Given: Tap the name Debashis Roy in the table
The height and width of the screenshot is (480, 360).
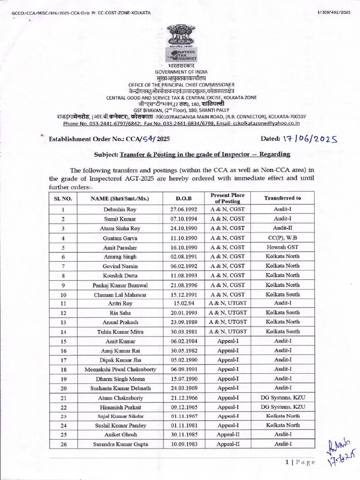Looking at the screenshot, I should point(120,210).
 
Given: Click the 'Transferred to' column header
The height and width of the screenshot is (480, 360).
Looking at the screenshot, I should point(282,198).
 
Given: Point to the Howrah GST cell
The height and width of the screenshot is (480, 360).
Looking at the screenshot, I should point(282,247).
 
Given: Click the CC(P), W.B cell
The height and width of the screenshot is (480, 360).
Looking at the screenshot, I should point(282,238).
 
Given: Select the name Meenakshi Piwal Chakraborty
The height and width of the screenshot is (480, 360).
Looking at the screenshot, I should point(120,369).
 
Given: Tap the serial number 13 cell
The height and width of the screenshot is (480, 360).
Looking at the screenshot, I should point(62,322).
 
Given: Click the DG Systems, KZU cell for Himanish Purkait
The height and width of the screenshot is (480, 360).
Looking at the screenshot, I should point(282,406).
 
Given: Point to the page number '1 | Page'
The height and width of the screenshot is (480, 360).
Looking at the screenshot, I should point(300,463).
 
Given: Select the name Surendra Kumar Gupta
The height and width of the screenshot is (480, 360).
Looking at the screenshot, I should point(120,444).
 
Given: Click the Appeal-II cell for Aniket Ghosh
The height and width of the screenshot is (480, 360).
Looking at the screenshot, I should point(228,435).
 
